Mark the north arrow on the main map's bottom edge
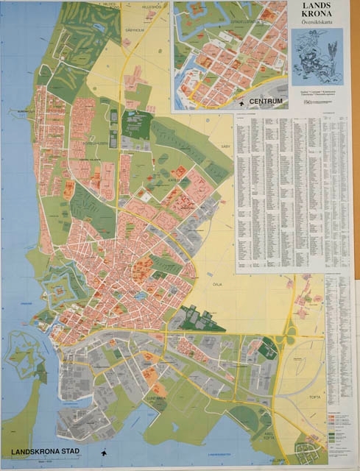point(105,452)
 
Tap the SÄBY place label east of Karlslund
point(226,147)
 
